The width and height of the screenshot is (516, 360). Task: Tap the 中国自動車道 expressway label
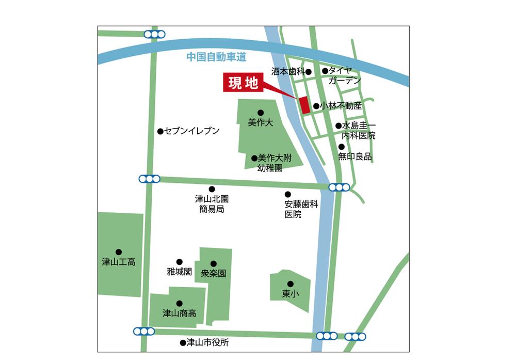pyautogui.click(x=216, y=57)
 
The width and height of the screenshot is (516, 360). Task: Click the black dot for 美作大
pyautogui.click(x=261, y=113)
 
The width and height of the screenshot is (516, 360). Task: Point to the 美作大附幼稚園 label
pyautogui.click(x=270, y=163)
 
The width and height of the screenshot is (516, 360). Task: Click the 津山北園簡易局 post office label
pyautogui.click(x=212, y=204)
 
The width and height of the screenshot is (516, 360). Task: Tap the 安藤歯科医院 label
pyautogui.click(x=301, y=209)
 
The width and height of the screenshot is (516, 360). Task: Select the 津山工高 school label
pyautogui.click(x=119, y=262)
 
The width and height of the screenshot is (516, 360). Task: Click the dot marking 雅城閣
pyautogui.click(x=180, y=262)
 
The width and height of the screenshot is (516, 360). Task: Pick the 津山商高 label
pyautogui.click(x=179, y=313)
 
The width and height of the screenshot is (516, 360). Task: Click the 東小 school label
pyautogui.click(x=290, y=293)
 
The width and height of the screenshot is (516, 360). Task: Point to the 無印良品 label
pyautogui.click(x=355, y=156)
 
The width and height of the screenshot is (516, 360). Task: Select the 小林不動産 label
pyautogui.click(x=341, y=106)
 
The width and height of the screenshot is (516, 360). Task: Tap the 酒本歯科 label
pyautogui.click(x=288, y=71)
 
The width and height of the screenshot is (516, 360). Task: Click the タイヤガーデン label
pyautogui.click(x=344, y=75)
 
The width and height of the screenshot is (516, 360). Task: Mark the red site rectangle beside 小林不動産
pyautogui.click(x=304, y=105)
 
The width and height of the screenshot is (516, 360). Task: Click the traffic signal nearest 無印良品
pyautogui.click(x=339, y=187)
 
